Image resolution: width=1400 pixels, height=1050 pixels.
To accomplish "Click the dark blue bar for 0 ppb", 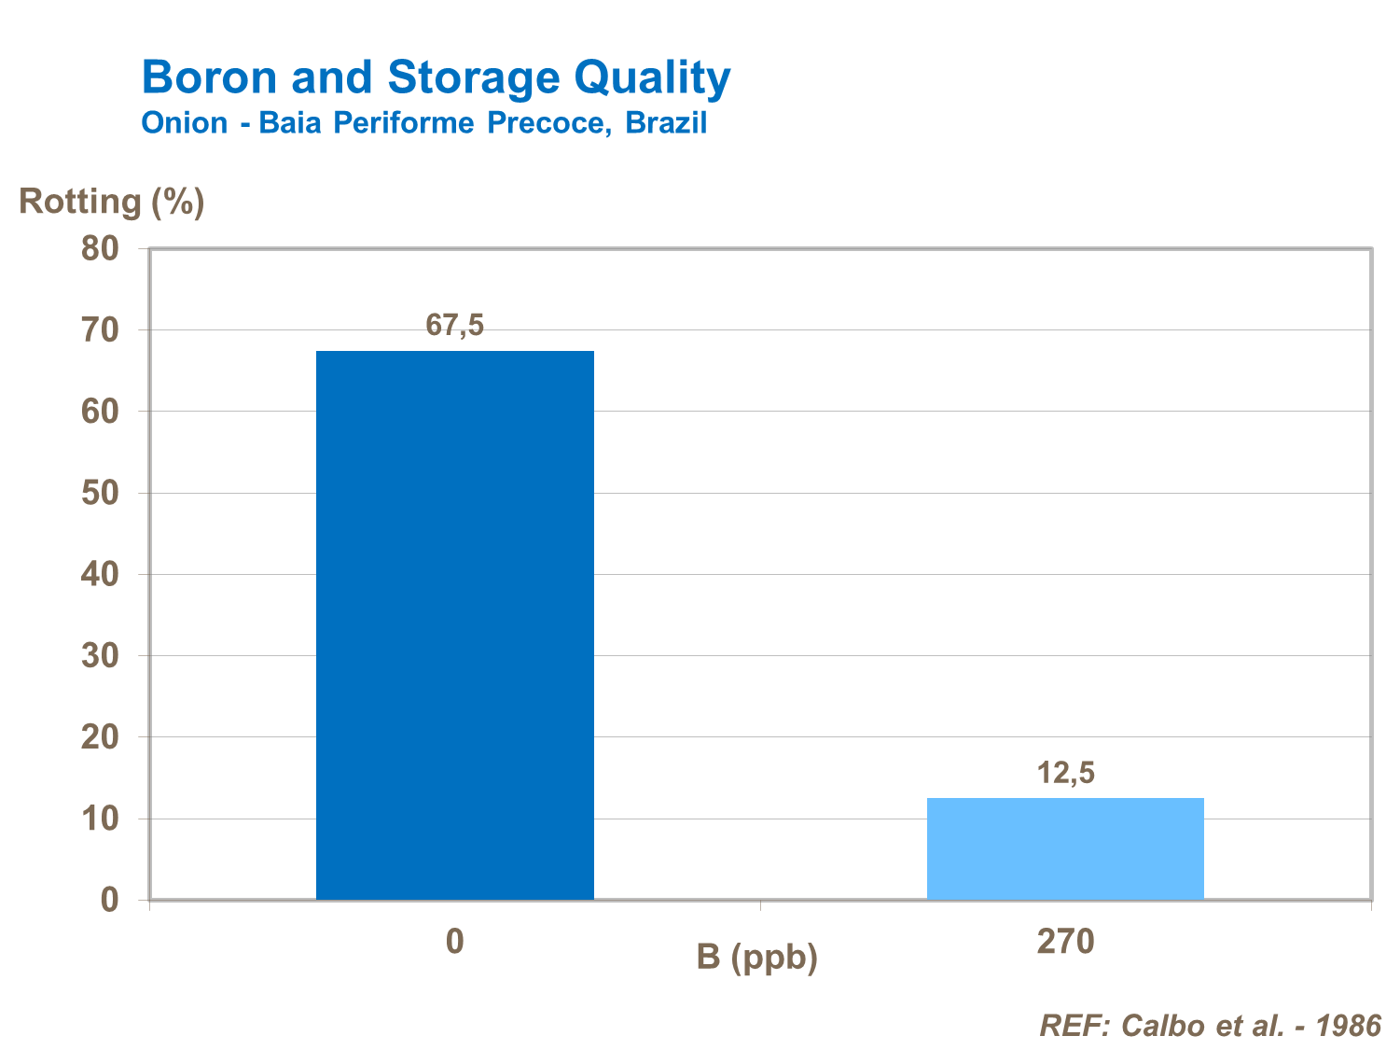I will pyautogui.click(x=455, y=624).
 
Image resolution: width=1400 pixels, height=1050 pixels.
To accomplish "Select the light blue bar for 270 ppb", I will pyautogui.click(x=1065, y=848).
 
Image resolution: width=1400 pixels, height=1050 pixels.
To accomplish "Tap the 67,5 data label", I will pyautogui.click(x=455, y=325).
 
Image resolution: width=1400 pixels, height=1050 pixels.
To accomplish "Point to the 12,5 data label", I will pyautogui.click(x=1066, y=773).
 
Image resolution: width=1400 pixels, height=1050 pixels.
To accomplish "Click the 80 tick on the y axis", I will pyautogui.click(x=100, y=248).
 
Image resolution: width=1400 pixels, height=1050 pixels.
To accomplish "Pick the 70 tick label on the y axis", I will pyautogui.click(x=100, y=329).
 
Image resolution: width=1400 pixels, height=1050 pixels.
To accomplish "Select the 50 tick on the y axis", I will pyautogui.click(x=100, y=493).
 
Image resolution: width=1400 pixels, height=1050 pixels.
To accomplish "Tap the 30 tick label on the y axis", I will pyautogui.click(x=100, y=656).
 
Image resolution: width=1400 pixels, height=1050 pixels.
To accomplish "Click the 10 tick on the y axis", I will pyautogui.click(x=100, y=819).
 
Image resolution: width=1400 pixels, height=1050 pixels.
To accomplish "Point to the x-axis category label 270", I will pyautogui.click(x=1065, y=941).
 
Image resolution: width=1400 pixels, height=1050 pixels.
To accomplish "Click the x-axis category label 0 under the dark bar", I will pyautogui.click(x=454, y=941).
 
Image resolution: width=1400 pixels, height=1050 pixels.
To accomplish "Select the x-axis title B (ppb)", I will pyautogui.click(x=756, y=957).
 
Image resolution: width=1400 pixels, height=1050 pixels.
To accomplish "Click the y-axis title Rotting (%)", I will pyautogui.click(x=112, y=202).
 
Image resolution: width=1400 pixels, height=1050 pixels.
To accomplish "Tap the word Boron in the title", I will pyautogui.click(x=210, y=77).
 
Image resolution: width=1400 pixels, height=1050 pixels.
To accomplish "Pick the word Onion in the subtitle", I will pyautogui.click(x=184, y=123).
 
